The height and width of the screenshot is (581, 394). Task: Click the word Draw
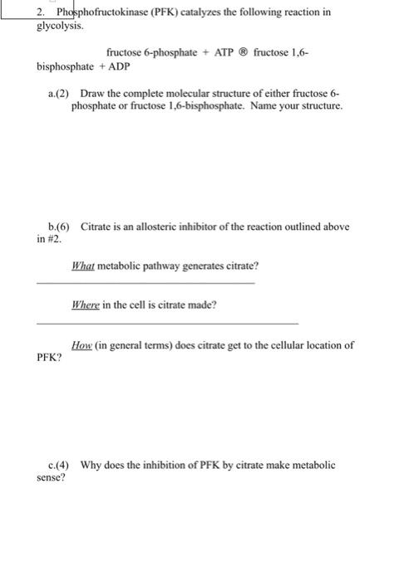coord(92,95)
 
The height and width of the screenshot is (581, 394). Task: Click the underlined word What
coord(84,266)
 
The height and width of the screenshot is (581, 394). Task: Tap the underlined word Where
coord(86,305)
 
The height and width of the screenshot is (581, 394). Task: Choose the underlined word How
coord(82,345)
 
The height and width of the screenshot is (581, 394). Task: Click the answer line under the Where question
coord(167,322)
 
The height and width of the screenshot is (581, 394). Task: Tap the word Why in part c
coord(91,466)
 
